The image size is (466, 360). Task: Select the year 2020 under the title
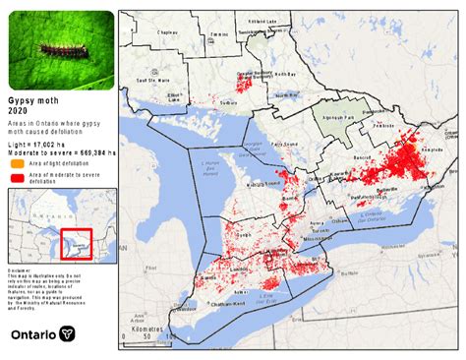click(x=20, y=111)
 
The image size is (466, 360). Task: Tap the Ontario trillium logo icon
click(x=67, y=334)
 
